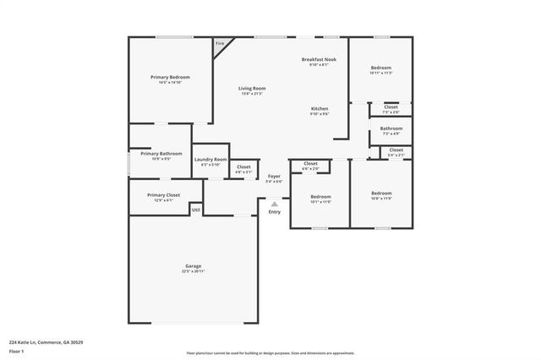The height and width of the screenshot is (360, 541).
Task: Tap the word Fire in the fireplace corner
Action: [220, 43]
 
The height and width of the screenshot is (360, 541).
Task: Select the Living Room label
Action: [251, 88]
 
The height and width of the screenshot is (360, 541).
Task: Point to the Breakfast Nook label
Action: [320, 59]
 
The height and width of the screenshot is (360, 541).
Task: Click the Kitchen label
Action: [319, 109]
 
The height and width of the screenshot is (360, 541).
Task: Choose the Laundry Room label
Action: [210, 159]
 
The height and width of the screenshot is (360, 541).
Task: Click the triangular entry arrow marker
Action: [274, 204]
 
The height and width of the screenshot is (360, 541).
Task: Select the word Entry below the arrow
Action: [274, 211]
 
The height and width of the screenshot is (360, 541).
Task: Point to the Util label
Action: [195, 210]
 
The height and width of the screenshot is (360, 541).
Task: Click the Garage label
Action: [194, 266]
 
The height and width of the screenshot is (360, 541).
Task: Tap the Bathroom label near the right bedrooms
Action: [391, 128]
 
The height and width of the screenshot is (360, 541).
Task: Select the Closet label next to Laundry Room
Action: [243, 166]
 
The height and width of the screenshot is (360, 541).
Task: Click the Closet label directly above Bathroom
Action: [391, 107]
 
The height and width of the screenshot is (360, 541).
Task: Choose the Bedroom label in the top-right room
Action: [381, 68]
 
